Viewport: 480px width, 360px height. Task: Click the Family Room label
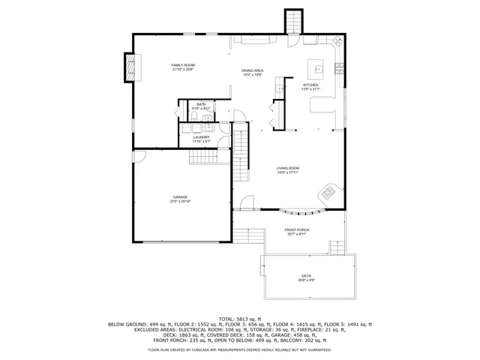[x=183, y=66]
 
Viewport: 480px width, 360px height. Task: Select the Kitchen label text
[x=310, y=85]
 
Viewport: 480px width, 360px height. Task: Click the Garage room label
[x=180, y=197]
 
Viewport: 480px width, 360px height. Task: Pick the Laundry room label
[x=201, y=137]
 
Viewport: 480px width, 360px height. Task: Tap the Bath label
[x=201, y=105]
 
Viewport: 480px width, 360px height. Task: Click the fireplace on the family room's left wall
[x=131, y=67]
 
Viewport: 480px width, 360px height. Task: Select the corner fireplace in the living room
[x=330, y=195]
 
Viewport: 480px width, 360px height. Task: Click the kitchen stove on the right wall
[x=339, y=69]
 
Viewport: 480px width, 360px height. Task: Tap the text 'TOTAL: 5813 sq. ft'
[x=240, y=318]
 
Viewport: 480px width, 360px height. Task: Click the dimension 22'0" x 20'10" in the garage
[x=180, y=202]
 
